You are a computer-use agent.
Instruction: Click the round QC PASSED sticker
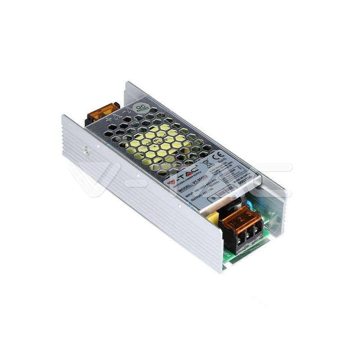pyautogui.click(x=141, y=108)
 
